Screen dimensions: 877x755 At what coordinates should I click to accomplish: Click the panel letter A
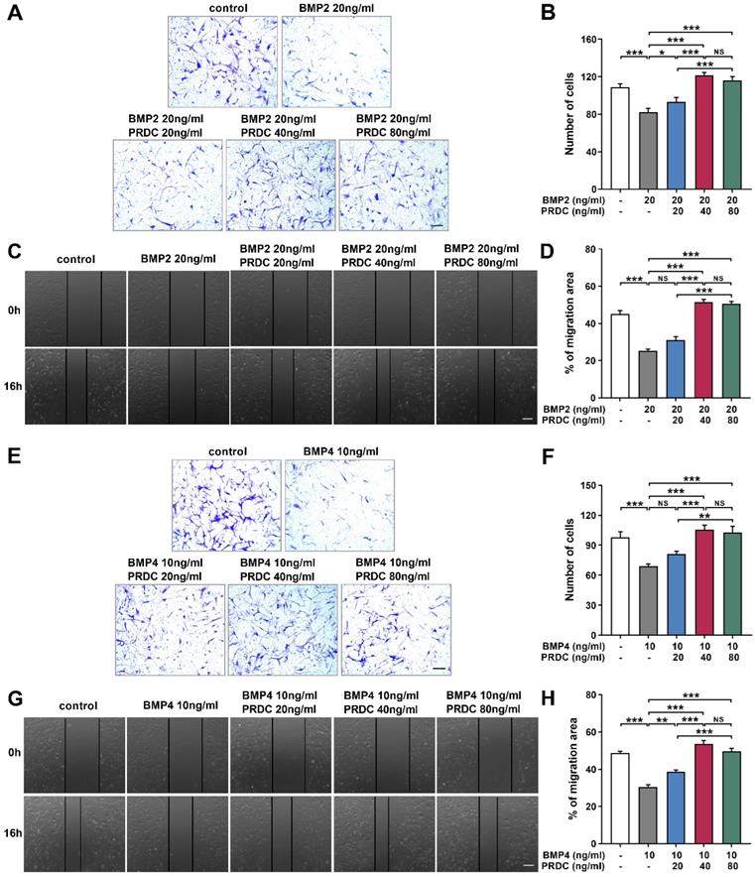coord(16,17)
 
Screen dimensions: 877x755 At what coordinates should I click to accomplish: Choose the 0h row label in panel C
coord(15,309)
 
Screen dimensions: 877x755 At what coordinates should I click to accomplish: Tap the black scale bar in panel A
coord(438,227)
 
